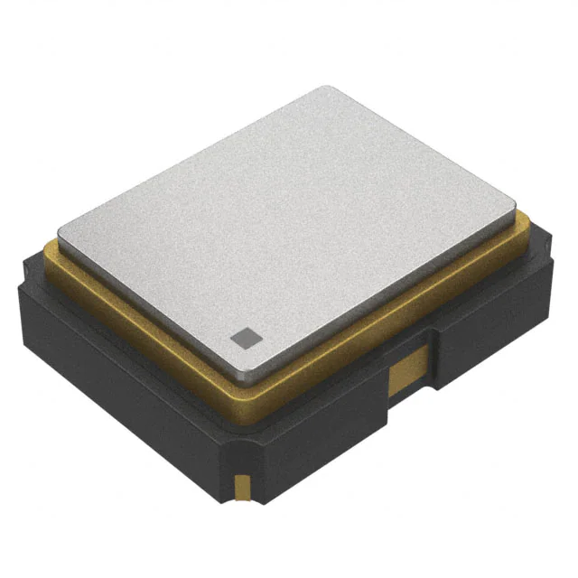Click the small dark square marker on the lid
click(x=243, y=339)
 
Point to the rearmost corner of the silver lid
click(x=330, y=89)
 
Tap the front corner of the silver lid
click(x=256, y=372)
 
